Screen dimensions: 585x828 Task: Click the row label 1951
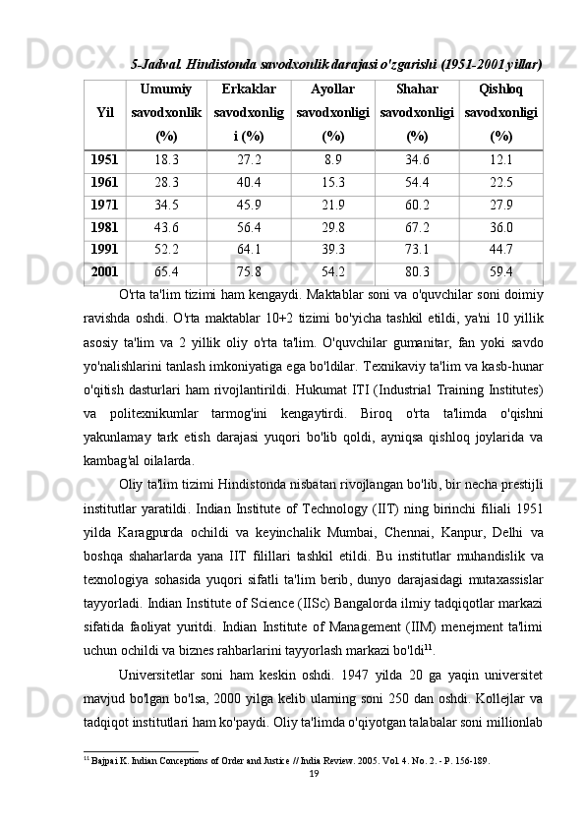point(103,159)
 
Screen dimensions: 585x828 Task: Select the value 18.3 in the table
point(167,159)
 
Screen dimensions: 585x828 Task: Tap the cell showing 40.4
point(250,182)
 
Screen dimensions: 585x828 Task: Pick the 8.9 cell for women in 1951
point(333,159)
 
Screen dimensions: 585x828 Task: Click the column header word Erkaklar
point(250,87)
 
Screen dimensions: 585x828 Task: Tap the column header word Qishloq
point(500,87)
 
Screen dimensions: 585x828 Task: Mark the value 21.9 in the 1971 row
point(333,205)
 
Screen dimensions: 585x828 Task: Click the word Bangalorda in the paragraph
point(344,600)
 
